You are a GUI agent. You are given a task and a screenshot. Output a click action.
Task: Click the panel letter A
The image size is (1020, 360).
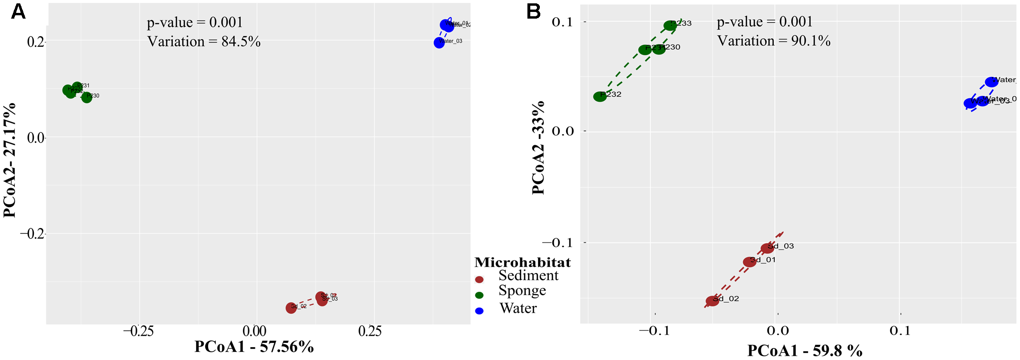click(18, 11)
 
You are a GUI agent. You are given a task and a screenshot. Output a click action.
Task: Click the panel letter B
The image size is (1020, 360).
click(533, 11)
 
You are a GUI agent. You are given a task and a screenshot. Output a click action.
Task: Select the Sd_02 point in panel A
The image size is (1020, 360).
click(291, 308)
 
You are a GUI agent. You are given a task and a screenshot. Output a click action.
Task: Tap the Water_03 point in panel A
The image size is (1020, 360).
click(439, 43)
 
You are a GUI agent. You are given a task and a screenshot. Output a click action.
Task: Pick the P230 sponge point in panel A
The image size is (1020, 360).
click(86, 97)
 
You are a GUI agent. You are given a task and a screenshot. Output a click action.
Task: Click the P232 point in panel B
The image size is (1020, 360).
click(600, 96)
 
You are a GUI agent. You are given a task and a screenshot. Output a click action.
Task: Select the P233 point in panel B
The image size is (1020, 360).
click(670, 26)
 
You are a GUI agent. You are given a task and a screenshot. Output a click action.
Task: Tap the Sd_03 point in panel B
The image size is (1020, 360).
click(767, 248)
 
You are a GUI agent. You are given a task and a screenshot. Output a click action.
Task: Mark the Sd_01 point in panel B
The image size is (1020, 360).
click(749, 262)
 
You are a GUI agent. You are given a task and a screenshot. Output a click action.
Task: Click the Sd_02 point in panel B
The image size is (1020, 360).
click(712, 301)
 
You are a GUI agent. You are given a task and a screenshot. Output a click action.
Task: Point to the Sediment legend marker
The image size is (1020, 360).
click(479, 279)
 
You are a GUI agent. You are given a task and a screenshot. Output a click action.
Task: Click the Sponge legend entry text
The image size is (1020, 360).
click(522, 291)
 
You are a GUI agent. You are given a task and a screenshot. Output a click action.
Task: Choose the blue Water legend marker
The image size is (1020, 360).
click(479, 311)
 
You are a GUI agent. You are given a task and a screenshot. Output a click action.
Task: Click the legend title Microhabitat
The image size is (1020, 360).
click(522, 263)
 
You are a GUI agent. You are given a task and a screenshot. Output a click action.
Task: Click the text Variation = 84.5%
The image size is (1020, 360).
click(204, 42)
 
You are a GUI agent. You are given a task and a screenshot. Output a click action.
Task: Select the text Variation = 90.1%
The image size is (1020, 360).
click(774, 41)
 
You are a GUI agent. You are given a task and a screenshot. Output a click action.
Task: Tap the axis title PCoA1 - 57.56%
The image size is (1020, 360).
click(254, 347)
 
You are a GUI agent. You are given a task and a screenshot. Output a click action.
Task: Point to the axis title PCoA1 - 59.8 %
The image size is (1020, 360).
click(804, 350)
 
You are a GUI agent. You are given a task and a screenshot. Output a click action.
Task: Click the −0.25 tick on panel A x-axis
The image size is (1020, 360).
click(139, 331)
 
